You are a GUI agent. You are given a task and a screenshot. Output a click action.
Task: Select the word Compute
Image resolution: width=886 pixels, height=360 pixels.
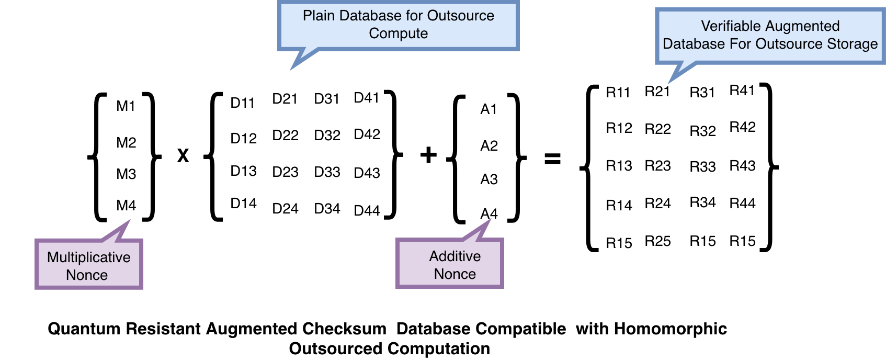click(x=398, y=33)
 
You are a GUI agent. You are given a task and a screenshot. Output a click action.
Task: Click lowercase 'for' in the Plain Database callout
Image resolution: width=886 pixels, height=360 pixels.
click(x=413, y=16)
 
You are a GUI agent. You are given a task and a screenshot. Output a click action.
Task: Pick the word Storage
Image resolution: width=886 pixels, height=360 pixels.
click(x=852, y=44)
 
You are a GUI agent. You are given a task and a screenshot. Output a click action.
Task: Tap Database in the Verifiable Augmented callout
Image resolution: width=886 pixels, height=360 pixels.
click(x=694, y=44)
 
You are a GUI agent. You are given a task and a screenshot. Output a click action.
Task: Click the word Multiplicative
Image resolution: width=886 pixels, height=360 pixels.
click(x=88, y=257)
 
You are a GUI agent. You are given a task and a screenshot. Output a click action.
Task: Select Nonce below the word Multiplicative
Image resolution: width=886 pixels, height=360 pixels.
click(x=87, y=275)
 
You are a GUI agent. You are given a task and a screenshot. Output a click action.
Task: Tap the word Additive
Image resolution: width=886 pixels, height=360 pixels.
click(x=455, y=256)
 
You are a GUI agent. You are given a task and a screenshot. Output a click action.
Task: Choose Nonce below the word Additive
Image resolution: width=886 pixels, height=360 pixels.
click(x=455, y=274)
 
